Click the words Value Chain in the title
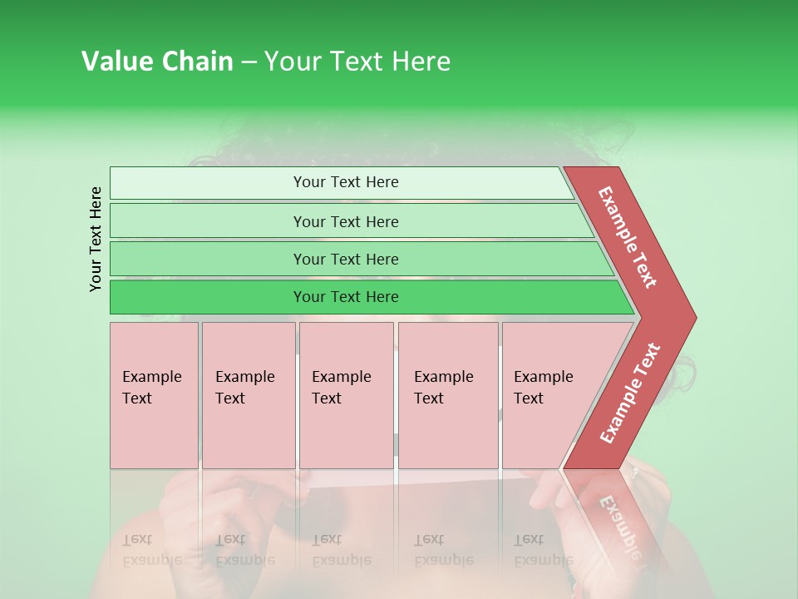(x=157, y=62)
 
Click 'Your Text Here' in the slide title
(x=357, y=62)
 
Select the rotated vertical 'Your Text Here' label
(x=96, y=239)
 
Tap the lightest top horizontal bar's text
(x=346, y=182)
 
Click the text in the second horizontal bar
(x=346, y=222)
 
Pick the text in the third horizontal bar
(x=346, y=260)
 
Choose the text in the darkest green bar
(x=346, y=297)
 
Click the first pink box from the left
(x=154, y=395)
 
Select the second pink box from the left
(x=248, y=395)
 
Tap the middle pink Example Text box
(x=346, y=395)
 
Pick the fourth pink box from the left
(x=447, y=395)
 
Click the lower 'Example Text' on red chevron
(x=630, y=394)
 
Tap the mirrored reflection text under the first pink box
(x=151, y=550)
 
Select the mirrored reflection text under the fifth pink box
(x=543, y=550)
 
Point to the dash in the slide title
(x=249, y=62)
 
